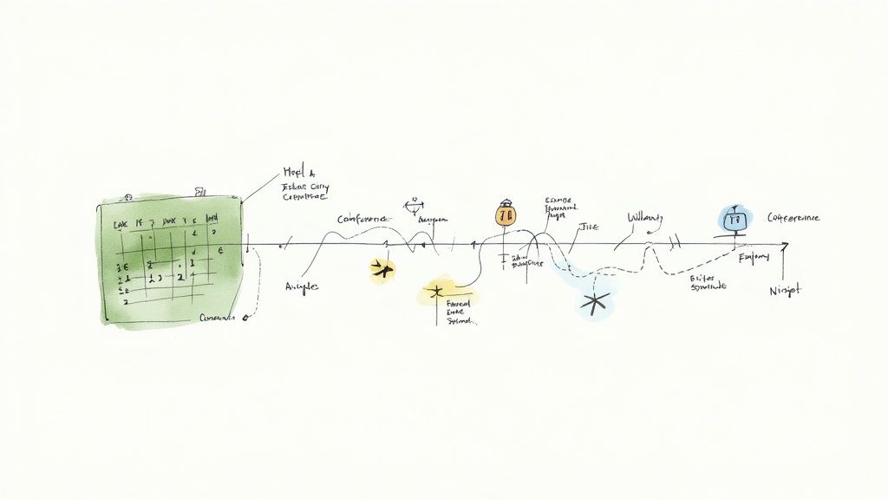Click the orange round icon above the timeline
[506, 214]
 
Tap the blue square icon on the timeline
[733, 220]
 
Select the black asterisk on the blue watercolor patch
[594, 302]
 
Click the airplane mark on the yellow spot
[381, 270]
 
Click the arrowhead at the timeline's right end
[784, 247]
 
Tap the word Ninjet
[786, 290]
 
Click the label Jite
[589, 227]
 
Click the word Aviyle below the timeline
[301, 286]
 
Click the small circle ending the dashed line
[245, 318]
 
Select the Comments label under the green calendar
[217, 318]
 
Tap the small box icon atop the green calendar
[200, 189]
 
